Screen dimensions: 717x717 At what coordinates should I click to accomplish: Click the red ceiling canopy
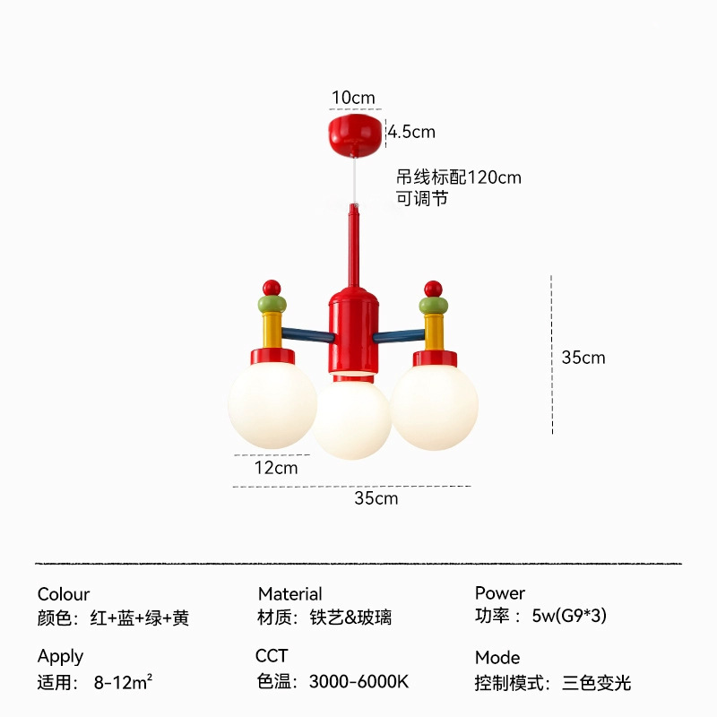click(x=356, y=132)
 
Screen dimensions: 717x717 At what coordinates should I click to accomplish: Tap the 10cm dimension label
click(x=353, y=98)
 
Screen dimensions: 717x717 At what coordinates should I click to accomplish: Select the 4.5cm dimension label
click(x=411, y=133)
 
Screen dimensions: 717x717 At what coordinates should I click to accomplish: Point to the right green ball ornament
click(x=435, y=305)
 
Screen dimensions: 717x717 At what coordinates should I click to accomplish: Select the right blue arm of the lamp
click(x=397, y=337)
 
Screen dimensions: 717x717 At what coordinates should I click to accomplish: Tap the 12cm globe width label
click(x=276, y=468)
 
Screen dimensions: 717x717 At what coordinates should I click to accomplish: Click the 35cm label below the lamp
click(x=376, y=498)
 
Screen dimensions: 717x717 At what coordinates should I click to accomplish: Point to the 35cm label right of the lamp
click(x=583, y=358)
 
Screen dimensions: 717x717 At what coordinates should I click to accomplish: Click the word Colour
click(x=64, y=594)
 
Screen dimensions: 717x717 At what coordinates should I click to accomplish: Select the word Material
click(x=289, y=594)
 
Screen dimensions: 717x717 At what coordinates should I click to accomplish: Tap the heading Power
click(x=500, y=593)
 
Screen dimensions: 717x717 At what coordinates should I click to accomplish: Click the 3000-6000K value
click(x=359, y=681)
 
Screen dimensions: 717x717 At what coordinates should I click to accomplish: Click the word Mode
click(x=497, y=658)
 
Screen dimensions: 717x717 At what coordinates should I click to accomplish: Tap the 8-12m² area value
click(x=123, y=681)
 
